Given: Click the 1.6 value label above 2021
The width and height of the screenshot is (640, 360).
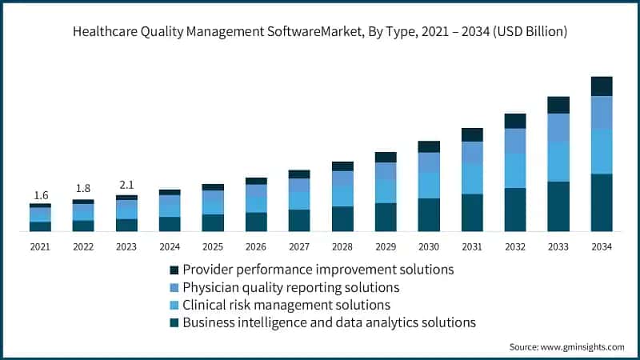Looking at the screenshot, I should tap(40, 195).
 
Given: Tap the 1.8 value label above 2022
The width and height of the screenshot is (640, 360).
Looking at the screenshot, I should tap(83, 189).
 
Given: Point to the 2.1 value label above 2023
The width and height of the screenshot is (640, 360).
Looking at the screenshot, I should tap(126, 185).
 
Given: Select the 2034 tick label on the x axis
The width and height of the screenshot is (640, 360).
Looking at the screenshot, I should tap(601, 246).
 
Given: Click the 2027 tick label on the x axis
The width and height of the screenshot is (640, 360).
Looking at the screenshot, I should tap(299, 246).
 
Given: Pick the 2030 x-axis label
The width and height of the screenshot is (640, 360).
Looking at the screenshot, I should tap(429, 246).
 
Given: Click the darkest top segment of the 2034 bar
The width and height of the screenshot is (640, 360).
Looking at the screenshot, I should tap(601, 86).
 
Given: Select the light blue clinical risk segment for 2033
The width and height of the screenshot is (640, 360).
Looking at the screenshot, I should tap(558, 162).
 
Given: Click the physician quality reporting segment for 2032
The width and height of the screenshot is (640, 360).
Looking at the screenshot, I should tap(514, 141).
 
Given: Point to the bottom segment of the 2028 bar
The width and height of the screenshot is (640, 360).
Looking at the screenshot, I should tap(342, 218).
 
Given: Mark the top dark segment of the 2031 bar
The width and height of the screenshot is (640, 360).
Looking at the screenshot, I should tap(472, 134).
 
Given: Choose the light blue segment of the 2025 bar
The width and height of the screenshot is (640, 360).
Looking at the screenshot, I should tap(213, 207).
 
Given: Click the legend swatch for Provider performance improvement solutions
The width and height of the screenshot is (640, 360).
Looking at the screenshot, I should tap(174, 270).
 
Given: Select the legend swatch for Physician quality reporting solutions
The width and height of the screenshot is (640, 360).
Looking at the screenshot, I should tap(174, 287).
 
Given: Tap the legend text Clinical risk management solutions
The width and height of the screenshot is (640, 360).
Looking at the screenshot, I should tap(286, 305).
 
